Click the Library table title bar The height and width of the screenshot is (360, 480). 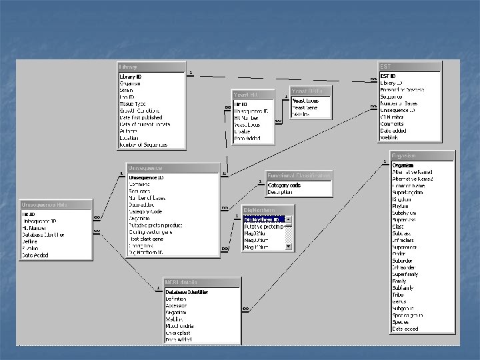click(151, 67)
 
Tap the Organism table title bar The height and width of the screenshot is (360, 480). click(423, 155)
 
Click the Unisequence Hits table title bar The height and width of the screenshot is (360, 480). click(55, 205)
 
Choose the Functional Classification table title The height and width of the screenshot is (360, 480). click(299, 175)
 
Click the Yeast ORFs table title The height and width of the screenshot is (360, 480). click(311, 91)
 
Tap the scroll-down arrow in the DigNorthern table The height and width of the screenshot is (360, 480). click(289, 247)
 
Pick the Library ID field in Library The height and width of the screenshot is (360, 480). click(131, 77)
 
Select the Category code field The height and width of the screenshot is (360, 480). click(284, 185)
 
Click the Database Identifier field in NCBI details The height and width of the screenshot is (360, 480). click(187, 292)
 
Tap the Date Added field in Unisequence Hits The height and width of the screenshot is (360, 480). click(36, 255)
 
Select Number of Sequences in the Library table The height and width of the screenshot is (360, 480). click(143, 144)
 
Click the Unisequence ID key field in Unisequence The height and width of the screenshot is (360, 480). click(146, 178)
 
